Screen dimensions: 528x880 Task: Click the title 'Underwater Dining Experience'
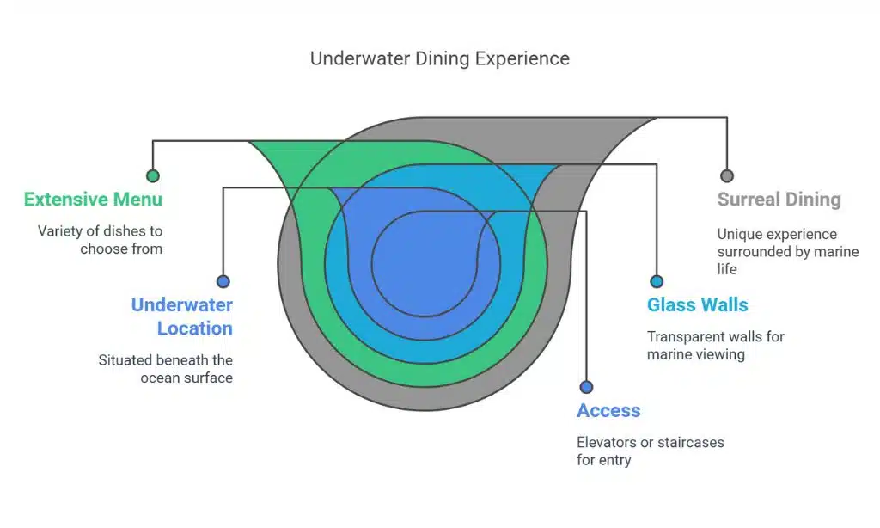439,58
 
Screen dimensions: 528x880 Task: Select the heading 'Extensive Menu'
93,200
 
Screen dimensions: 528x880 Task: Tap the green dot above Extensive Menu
153,175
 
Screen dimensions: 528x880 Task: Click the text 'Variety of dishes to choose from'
100,240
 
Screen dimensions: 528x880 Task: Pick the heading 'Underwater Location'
181,316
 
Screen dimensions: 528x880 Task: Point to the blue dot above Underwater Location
223,281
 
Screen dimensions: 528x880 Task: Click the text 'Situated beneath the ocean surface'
165,368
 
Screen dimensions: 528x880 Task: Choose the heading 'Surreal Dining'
779,200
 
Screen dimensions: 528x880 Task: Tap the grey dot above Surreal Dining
727,175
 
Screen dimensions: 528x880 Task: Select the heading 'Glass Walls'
697,304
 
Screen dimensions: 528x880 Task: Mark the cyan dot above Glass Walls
657,281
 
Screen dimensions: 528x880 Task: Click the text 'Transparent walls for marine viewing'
715,345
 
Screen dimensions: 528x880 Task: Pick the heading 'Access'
608,410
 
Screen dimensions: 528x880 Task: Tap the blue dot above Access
586,387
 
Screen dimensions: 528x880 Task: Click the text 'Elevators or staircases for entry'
650,451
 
